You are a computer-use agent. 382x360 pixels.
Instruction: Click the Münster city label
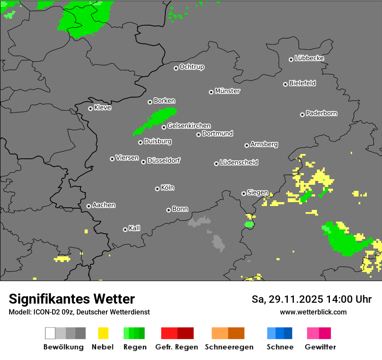(227, 91)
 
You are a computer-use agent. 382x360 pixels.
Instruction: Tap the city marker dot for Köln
(157, 189)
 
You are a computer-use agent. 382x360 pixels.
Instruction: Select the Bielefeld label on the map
(303, 83)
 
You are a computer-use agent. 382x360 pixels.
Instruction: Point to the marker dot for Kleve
(90, 108)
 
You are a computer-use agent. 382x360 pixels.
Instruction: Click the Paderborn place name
(322, 114)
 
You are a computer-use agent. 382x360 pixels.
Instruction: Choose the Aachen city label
(104, 205)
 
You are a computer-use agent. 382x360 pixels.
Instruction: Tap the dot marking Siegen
(244, 193)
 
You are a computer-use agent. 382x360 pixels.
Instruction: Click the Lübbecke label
(309, 58)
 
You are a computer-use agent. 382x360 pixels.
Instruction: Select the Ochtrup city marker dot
(176, 68)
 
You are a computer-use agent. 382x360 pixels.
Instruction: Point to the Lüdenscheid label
(239, 163)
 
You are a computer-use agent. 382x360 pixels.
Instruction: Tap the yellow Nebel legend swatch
(103, 333)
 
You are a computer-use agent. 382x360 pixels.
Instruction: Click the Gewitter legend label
(320, 347)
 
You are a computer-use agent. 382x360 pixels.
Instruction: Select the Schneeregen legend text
(229, 347)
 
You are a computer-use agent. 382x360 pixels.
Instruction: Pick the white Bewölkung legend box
(50, 333)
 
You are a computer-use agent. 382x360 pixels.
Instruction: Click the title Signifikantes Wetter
(72, 299)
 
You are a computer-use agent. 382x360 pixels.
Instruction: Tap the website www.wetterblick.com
(313, 312)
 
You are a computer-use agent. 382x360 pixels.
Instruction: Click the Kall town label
(135, 228)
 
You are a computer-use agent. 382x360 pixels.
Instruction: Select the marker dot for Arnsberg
(247, 145)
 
